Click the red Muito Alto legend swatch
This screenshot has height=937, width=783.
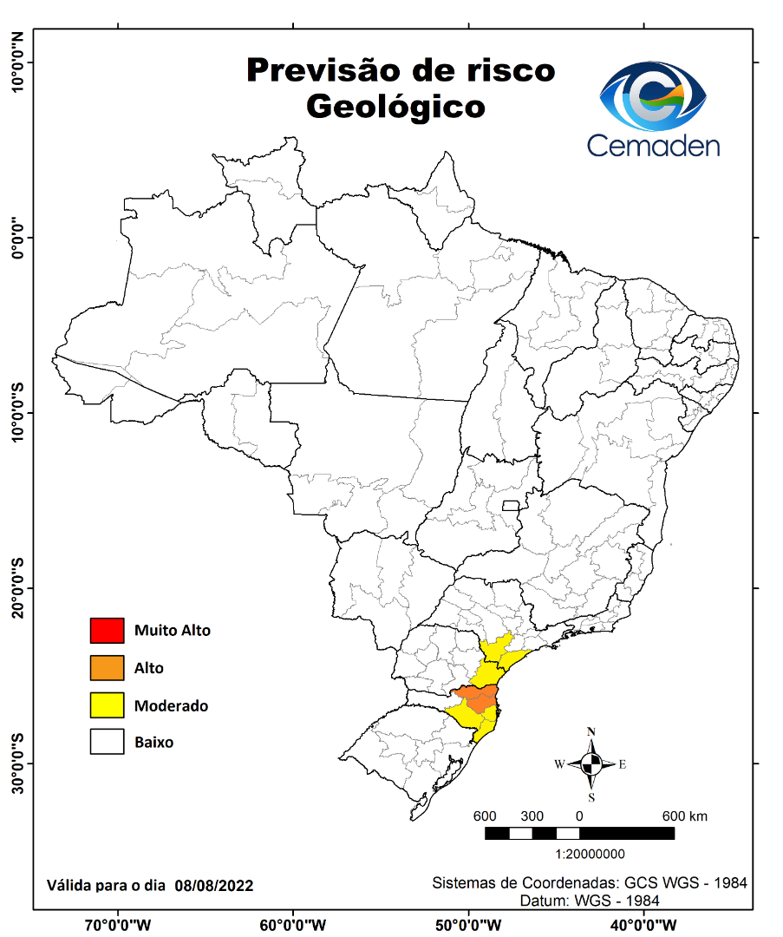pos(107,631)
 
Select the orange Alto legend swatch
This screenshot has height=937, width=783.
pos(107,668)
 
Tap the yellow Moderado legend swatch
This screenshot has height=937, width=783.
pos(107,705)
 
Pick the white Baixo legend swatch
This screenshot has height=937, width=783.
pos(107,743)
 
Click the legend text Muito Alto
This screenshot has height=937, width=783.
pos(172,631)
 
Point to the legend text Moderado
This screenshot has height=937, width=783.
pos(171,706)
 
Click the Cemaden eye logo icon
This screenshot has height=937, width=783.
pos(654,95)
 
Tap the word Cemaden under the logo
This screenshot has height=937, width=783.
pos(653,145)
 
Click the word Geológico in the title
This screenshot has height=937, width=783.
pos(395,106)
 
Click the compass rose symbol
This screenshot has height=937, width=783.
pos(591,763)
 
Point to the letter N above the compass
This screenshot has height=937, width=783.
pos(591,731)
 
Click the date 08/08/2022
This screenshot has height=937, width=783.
pos(213,886)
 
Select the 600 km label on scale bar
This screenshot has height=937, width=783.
pos(685,816)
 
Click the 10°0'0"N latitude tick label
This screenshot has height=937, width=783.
pos(16,62)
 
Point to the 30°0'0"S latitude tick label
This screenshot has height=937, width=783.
pos(16,763)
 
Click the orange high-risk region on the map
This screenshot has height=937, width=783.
pos(476,695)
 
